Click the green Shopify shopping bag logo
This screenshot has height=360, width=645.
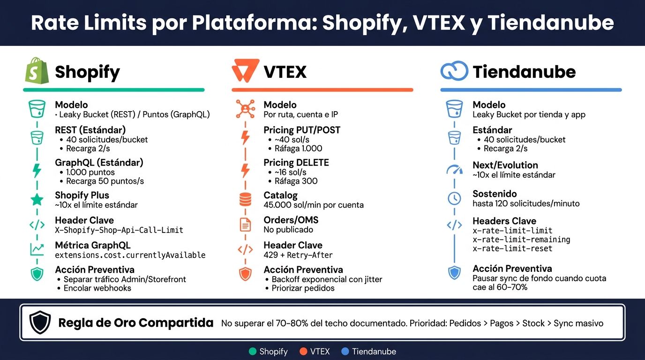click(37, 71)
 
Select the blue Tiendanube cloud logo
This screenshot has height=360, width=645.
click(454, 71)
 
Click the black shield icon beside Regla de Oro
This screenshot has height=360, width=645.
click(40, 322)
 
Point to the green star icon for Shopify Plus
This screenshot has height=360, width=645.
click(37, 200)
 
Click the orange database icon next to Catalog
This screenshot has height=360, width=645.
click(245, 199)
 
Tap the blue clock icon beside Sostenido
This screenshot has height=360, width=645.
click(454, 198)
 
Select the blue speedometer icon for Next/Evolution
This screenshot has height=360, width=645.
click(454, 170)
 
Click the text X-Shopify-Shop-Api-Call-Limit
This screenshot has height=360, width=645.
click(119, 230)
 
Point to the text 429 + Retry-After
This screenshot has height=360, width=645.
click(298, 255)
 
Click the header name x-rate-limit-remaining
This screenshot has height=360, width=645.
click(521, 240)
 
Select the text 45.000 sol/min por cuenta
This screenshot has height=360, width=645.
click(314, 205)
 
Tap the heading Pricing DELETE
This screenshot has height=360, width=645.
click(296, 163)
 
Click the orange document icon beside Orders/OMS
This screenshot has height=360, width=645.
click(245, 225)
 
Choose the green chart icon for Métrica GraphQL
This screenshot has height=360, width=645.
click(37, 249)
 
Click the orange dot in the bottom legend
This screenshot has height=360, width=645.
click(303, 352)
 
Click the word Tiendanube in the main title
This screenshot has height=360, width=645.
click(551, 22)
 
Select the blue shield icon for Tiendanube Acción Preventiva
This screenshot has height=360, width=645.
click(454, 273)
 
